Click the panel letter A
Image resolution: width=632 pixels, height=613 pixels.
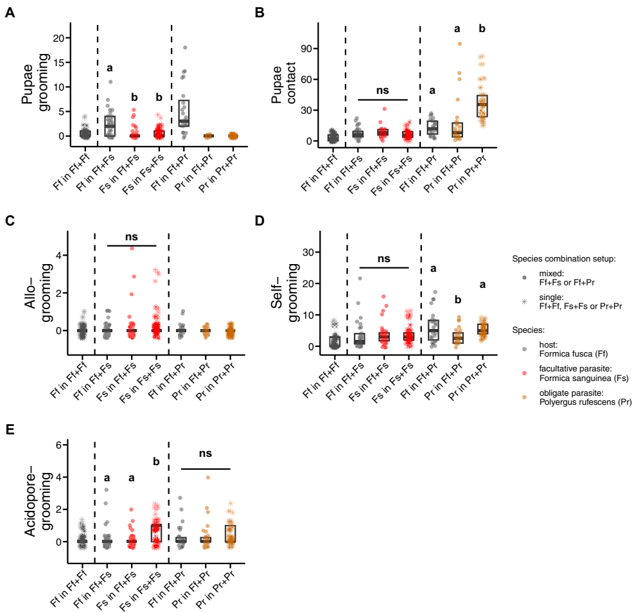[x=10, y=12]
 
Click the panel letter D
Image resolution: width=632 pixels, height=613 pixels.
[x=259, y=220]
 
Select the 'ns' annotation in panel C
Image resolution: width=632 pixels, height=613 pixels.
[x=132, y=236]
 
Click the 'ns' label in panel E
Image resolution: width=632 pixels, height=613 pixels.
[x=206, y=453]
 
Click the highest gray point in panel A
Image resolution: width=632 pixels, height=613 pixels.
[x=185, y=48]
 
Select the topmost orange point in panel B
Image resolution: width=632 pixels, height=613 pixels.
[x=460, y=44]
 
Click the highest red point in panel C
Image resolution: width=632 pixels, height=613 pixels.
[x=131, y=248]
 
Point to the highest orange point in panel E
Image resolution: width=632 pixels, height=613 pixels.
[x=208, y=477]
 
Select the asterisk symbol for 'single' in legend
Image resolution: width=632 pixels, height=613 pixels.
[x=525, y=301]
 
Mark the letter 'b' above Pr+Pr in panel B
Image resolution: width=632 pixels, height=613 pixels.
[x=482, y=29]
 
